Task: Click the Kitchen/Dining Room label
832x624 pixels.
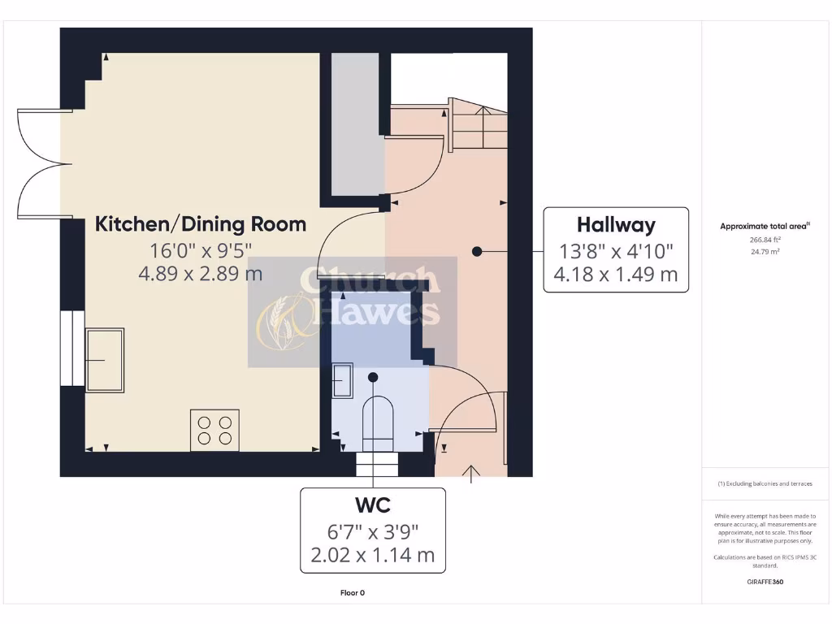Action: tap(201, 224)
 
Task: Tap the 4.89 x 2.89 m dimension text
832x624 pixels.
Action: tap(201, 273)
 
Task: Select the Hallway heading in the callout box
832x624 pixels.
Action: tap(616, 225)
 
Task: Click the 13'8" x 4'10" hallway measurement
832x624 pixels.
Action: tap(616, 251)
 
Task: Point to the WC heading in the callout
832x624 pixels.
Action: tap(373, 505)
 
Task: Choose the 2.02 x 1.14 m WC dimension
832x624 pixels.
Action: tap(373, 555)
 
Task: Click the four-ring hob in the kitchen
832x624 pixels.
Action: tap(215, 430)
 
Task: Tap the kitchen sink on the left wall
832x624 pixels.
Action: tap(105, 360)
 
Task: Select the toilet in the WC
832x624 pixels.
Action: tap(377, 421)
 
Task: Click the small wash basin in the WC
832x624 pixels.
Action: tap(342, 381)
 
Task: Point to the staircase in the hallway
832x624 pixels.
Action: tap(479, 126)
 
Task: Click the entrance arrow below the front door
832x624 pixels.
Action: tap(470, 474)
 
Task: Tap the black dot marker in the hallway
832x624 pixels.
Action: tap(478, 252)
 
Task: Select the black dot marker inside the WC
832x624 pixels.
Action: tap(373, 377)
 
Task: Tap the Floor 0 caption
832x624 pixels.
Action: tap(353, 593)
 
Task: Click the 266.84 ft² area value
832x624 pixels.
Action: tap(765, 240)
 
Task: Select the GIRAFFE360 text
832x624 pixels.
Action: tap(765, 582)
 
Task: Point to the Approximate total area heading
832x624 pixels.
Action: tap(764, 227)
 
